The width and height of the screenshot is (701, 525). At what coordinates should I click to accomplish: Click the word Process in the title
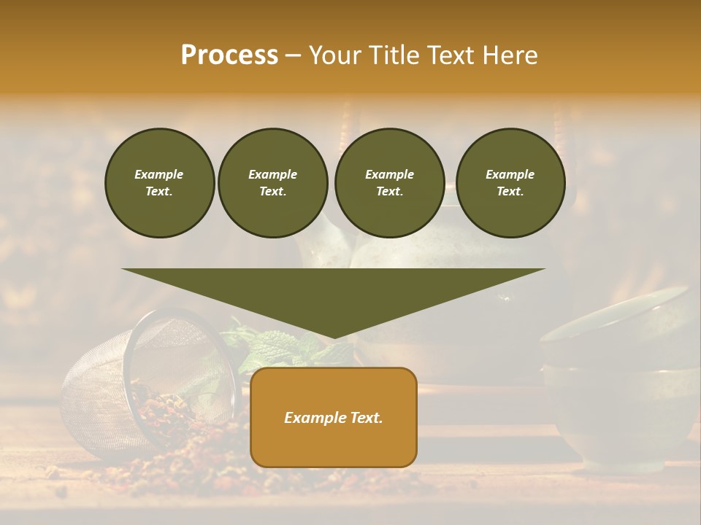pos(229,55)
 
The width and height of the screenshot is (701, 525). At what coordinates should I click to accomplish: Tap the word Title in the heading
pos(393,55)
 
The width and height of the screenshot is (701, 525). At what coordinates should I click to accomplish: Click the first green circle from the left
pos(159,182)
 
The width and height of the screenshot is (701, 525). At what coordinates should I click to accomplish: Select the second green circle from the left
pos(272,182)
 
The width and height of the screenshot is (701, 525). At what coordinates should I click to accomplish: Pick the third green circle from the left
pos(389,182)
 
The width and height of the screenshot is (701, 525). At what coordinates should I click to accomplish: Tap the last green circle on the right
pos(510,182)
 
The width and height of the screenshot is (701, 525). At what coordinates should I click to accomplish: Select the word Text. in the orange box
pos(364,418)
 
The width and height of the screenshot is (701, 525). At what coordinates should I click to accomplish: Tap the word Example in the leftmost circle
pos(159,174)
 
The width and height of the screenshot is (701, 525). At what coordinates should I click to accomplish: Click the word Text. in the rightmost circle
pos(510,191)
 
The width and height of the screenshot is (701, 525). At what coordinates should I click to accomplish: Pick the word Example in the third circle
pos(389,174)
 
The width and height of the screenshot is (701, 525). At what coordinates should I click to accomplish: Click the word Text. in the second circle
pos(272,191)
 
